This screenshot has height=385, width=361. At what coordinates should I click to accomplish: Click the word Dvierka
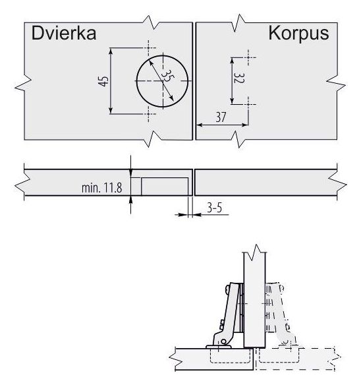click(x=64, y=33)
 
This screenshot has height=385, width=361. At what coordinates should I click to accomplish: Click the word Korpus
click(x=298, y=34)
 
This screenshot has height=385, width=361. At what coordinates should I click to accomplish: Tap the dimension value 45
click(x=103, y=81)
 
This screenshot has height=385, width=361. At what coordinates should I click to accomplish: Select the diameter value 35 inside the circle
click(x=169, y=76)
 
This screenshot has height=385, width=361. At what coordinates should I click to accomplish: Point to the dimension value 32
click(x=238, y=78)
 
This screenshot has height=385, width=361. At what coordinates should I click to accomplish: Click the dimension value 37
click(x=221, y=117)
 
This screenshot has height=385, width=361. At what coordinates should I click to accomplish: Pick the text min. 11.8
click(x=102, y=188)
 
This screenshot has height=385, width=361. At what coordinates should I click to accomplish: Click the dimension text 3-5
click(x=215, y=208)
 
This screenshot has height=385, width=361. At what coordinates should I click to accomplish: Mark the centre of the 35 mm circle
click(x=163, y=81)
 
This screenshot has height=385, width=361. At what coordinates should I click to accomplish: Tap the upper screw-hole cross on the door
click(x=148, y=47)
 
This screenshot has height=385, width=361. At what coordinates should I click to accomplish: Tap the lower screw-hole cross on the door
click(x=148, y=113)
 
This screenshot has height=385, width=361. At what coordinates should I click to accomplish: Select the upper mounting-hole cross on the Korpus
click(x=248, y=58)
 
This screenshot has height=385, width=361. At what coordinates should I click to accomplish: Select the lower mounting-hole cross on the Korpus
click(x=248, y=104)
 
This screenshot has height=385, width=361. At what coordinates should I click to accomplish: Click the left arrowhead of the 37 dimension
click(x=200, y=125)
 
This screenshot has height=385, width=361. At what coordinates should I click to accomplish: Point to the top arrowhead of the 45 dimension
click(x=111, y=51)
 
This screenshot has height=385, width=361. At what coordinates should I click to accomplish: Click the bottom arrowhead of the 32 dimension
click(x=232, y=101)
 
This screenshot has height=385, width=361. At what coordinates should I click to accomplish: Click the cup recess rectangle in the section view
click(x=165, y=187)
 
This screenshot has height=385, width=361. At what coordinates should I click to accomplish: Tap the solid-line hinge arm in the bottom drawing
click(x=225, y=316)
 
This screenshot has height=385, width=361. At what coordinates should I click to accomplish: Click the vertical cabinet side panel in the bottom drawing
click(x=254, y=300)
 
